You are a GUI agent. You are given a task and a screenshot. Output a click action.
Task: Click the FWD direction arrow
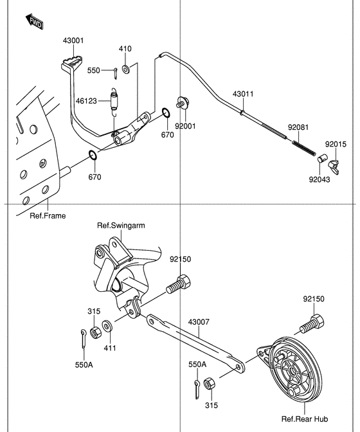(x=35, y=22)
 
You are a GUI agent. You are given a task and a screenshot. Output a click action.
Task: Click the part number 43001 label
(x=73, y=40)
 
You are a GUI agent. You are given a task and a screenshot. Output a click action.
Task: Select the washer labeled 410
(x=126, y=69)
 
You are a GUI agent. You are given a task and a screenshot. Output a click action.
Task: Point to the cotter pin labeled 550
(x=116, y=73)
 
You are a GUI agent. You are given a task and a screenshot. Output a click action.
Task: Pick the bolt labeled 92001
(x=183, y=102)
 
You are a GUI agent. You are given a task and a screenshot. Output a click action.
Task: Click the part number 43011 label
(x=243, y=94)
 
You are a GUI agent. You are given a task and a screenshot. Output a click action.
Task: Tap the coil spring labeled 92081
(x=304, y=148)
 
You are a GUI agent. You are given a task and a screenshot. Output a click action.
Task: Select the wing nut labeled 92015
(x=334, y=166)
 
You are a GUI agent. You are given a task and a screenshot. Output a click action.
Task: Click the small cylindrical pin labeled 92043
(x=322, y=159)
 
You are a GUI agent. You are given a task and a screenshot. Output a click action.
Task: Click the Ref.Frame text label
(x=48, y=216)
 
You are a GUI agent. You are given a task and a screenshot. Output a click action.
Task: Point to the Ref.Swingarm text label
(x=121, y=226)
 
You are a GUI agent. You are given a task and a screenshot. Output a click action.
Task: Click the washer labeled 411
(x=107, y=326)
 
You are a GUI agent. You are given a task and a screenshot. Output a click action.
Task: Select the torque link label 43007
(x=199, y=322)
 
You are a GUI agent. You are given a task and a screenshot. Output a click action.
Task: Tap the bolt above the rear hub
(x=312, y=324)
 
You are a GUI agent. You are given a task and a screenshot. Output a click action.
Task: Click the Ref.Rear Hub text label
(x=305, y=419)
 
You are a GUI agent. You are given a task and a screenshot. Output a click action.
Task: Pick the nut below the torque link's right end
(x=210, y=383)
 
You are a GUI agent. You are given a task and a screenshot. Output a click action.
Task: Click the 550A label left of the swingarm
(x=84, y=364)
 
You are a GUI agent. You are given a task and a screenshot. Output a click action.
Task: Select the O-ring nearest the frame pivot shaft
(x=93, y=155)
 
